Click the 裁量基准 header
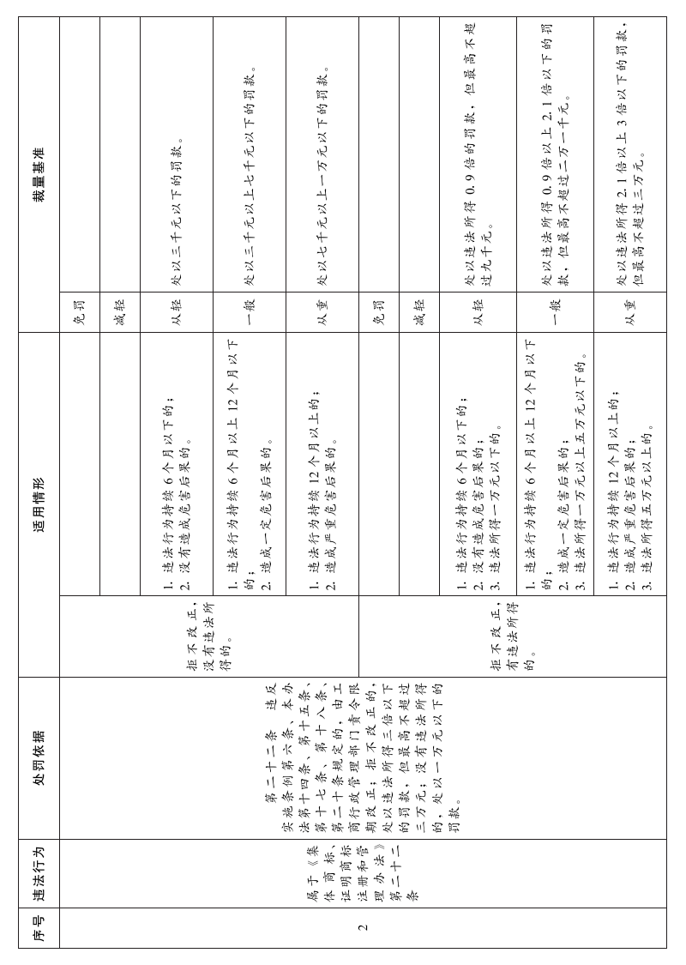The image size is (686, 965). coord(39,175)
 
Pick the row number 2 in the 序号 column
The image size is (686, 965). coord(364,927)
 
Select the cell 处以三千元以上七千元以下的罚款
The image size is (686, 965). coord(250,176)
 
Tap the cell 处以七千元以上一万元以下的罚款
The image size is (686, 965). coord(322,176)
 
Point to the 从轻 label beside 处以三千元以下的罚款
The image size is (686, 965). coord(177,312)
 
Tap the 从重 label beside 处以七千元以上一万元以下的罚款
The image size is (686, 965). coord(322,312)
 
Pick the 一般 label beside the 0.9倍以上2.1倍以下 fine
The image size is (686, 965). coord(555,312)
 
